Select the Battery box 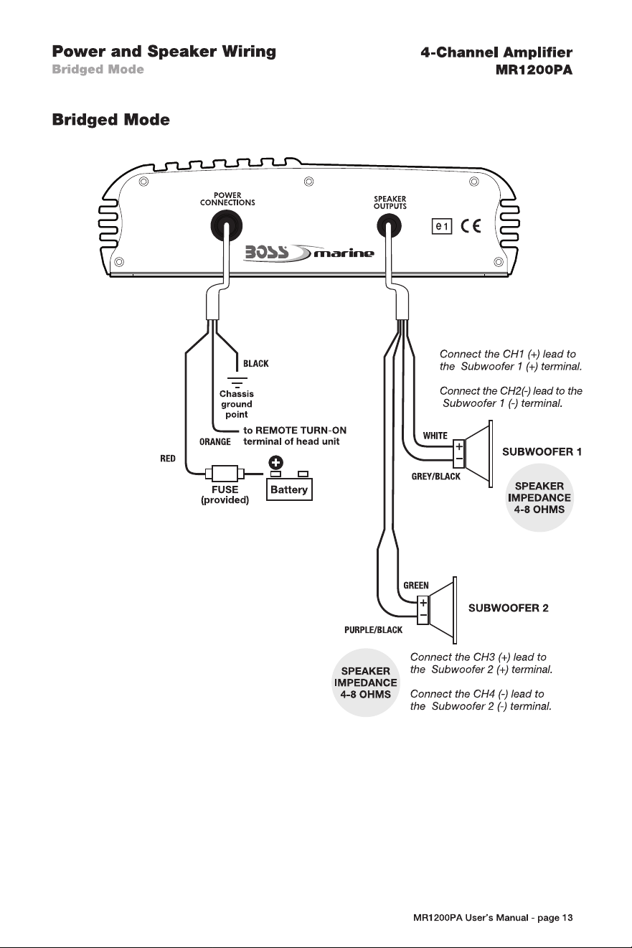click(289, 489)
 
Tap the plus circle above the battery click(275, 463)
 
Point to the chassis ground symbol click(237, 381)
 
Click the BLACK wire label click(256, 364)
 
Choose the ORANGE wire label click(215, 442)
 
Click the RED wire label click(168, 459)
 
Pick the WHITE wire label click(435, 436)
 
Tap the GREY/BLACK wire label click(435, 477)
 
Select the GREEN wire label click(416, 586)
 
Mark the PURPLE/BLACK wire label click(374, 630)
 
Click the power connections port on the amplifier click(226, 225)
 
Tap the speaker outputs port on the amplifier click(390, 225)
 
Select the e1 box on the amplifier click(442, 227)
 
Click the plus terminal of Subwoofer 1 click(459, 446)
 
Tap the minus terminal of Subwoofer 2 click(423, 615)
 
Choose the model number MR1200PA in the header click(534, 70)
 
